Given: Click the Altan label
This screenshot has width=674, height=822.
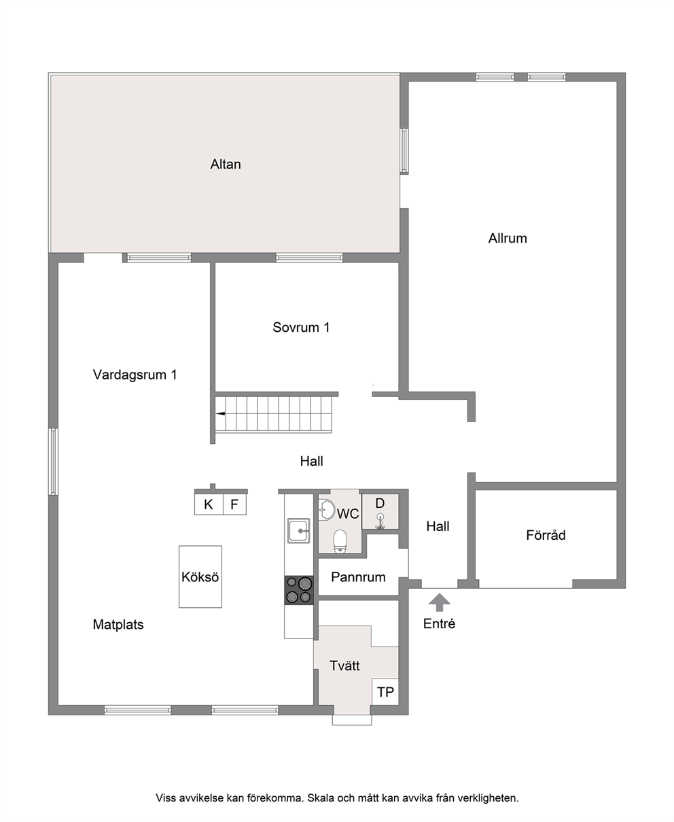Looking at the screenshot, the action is pos(226,164).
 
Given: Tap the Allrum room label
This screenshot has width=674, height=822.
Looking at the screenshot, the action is pos(508,238).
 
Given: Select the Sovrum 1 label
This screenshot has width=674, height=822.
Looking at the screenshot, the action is pos(301,328).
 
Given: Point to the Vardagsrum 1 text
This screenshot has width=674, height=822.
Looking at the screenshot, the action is pos(135,375).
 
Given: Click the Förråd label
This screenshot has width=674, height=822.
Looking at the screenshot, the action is pos(546,535).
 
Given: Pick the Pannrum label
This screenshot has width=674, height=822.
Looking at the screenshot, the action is pos(359,577).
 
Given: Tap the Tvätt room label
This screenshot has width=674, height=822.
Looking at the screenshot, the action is pos(344,666).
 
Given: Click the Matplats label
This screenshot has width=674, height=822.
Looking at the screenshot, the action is pos(118,624).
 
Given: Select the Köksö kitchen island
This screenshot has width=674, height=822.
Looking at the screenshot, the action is pos(200,577).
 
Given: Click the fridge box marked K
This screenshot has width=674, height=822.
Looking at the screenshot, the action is pos(209,504).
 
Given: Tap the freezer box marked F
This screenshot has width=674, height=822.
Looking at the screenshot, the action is pos(234,504).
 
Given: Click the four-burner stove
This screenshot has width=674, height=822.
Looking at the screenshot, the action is pos(299,590).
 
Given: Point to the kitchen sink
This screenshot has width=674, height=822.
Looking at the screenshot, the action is pos(299,530).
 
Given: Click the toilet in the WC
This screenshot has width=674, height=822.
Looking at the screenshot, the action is pos(340,541).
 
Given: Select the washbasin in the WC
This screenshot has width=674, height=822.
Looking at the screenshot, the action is pos(326,510).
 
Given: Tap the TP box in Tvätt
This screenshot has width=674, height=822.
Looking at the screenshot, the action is pos(385,691).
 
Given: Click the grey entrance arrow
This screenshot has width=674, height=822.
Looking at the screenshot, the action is pos(440,602).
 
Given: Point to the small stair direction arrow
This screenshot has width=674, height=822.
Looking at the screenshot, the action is pos(221,413).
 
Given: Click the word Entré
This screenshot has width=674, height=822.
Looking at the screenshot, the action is pos(439,623).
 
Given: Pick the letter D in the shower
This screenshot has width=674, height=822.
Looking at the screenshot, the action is pos(380,503).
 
